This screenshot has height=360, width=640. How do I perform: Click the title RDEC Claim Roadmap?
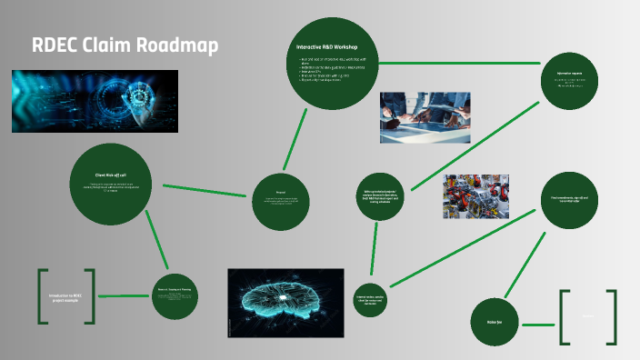(125, 45)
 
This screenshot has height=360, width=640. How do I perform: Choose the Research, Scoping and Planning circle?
(175, 296)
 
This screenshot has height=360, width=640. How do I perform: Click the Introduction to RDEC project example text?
(65, 296)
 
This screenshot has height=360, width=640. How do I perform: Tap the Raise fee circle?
(494, 322)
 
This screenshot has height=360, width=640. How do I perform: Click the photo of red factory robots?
(475, 197)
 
